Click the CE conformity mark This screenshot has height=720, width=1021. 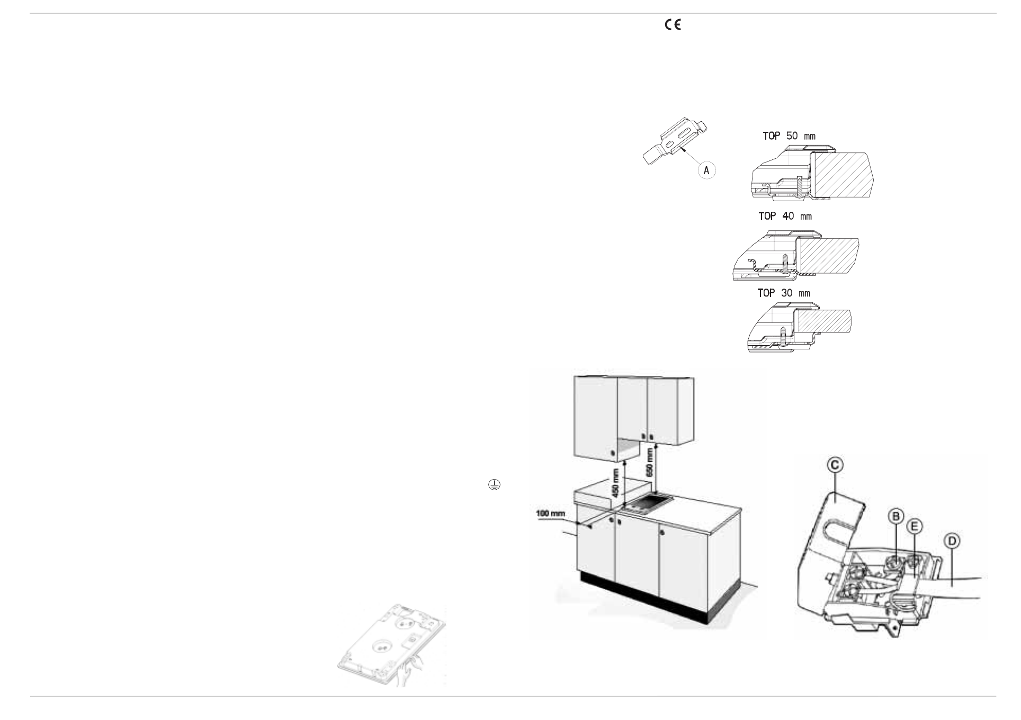coord(673,25)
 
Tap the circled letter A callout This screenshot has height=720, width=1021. coord(706,170)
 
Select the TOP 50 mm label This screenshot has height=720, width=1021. coord(789,136)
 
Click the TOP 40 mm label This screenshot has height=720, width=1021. coord(785,216)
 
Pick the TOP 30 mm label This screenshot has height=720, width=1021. coord(783,293)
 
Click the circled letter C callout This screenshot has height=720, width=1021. coord(835,465)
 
